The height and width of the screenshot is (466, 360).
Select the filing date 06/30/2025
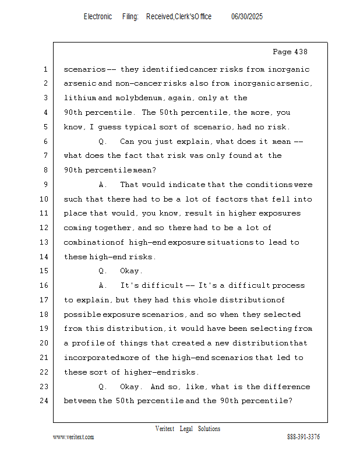[247, 17]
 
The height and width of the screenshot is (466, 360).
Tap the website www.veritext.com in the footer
[73, 437]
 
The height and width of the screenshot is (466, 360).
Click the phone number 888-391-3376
[303, 437]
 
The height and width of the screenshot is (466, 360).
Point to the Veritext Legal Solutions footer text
[188, 429]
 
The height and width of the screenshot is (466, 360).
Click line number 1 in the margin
[45, 69]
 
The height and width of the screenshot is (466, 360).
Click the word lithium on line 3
[80, 98]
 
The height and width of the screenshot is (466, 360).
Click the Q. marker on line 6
[103, 142]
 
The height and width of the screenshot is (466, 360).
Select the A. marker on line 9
[103, 185]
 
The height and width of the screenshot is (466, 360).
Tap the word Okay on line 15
[130, 271]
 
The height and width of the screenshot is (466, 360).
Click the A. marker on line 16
[103, 285]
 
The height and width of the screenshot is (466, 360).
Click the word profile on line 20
[88, 343]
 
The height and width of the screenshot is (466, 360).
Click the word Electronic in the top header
[98, 17]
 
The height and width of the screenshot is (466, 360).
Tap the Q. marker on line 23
[103, 387]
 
